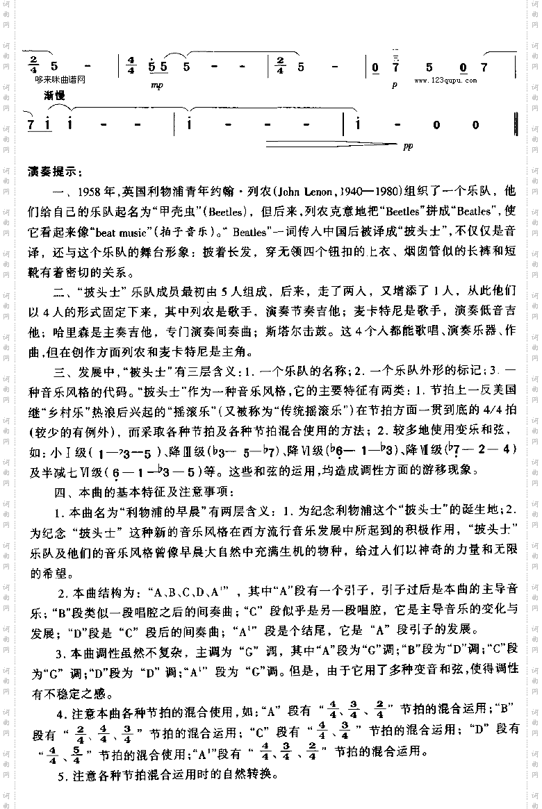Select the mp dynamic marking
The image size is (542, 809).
tap(154, 86)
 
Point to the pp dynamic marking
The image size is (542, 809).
tap(407, 147)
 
